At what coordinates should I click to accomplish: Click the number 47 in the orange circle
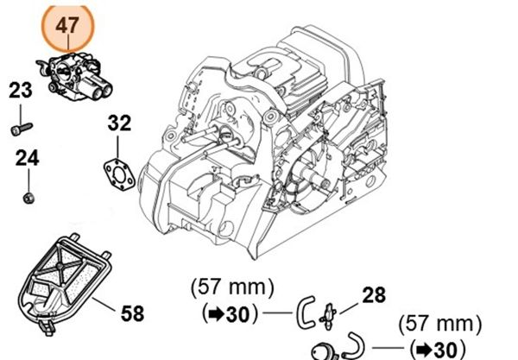[68, 26]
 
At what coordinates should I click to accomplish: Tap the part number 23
[22, 89]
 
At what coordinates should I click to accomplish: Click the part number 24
[27, 158]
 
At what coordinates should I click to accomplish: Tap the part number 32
[120, 124]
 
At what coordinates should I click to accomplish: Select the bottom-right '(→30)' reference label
[435, 350]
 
